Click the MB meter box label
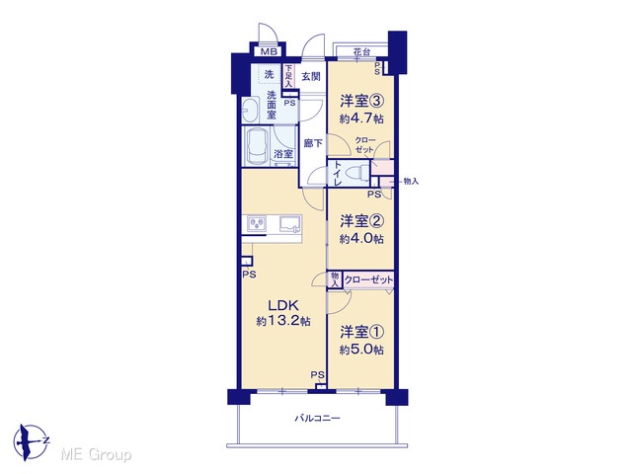tap(269, 51)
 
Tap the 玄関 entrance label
tap(311, 76)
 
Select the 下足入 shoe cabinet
tap(288, 76)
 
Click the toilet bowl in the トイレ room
tap(357, 173)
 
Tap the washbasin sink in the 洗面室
tap(251, 111)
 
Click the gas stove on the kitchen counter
tap(257, 224)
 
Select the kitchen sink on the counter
tap(289, 224)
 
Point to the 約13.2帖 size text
tap(283, 321)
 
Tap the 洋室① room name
tap(361, 332)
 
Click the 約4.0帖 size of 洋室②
tap(361, 239)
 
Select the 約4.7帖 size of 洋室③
tap(361, 118)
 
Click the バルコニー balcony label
tap(317, 418)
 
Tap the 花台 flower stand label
tap(361, 52)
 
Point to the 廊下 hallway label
tap(313, 143)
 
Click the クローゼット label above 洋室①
tap(368, 279)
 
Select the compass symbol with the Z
tap(31, 442)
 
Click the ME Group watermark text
tap(96, 454)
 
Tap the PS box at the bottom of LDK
tap(321, 387)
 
